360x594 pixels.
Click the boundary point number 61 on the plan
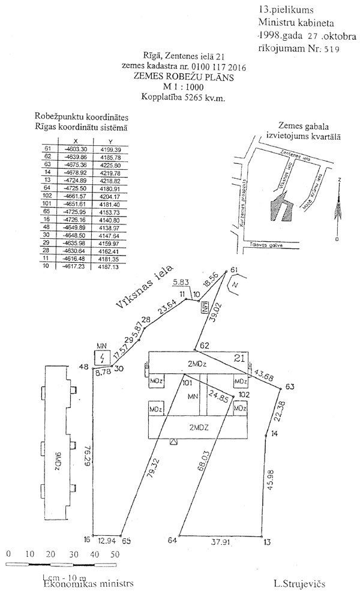234,269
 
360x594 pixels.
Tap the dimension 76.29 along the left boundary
88,455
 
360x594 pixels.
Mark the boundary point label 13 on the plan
267,541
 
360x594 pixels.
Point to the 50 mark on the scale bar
114,553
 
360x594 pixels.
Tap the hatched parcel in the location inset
278,210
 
